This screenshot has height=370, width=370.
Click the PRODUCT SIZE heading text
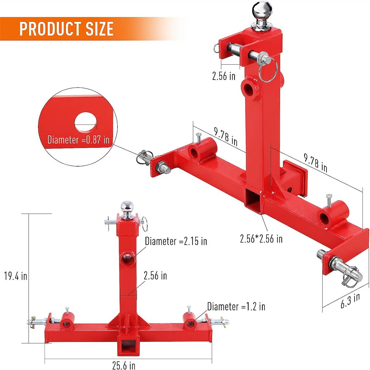66,28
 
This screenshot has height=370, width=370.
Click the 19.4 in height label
15,276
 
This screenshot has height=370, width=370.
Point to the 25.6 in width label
124,365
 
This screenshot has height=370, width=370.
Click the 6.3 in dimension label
350,301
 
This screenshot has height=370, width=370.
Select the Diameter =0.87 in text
78,140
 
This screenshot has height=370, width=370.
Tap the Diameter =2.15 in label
176,241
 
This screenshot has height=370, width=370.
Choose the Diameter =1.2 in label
236,306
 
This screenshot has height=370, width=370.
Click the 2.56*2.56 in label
261,238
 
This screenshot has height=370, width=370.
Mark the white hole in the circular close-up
85,123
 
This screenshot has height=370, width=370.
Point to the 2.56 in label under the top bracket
224,76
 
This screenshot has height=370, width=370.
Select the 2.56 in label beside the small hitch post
155,275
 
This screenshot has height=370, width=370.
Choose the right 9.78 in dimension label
315,162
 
